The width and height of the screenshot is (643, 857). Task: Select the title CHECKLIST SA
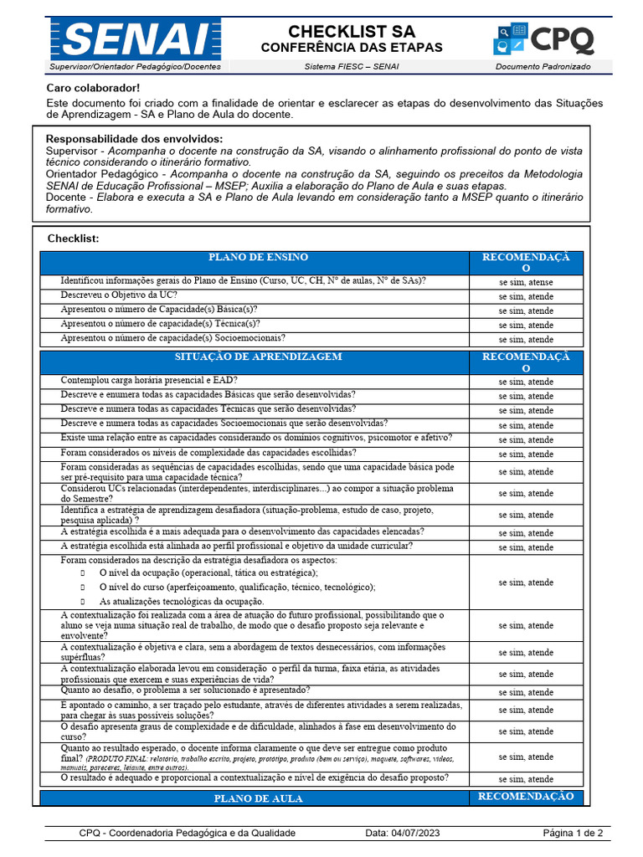tap(352, 31)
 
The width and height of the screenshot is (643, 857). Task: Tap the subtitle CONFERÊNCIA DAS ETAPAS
tap(352, 48)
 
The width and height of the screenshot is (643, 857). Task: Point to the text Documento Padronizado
tap(543, 66)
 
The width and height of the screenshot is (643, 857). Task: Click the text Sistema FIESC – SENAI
tap(352, 66)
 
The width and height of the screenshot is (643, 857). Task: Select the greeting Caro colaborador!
tap(93, 88)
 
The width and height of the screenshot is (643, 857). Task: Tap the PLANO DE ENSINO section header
tap(258, 258)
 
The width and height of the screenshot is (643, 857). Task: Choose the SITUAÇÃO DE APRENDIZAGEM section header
tap(258, 357)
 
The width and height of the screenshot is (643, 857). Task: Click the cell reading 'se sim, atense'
tap(526, 282)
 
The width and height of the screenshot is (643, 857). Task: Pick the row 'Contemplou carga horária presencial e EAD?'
tap(148, 380)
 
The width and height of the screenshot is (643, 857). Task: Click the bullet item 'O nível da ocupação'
tap(208, 572)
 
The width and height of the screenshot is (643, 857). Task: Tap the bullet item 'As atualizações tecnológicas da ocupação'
tap(182, 601)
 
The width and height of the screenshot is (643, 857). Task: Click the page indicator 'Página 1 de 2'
tap(573, 833)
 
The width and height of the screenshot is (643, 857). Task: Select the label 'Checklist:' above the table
tap(74, 239)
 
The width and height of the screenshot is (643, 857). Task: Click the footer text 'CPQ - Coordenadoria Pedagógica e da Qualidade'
tap(188, 833)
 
